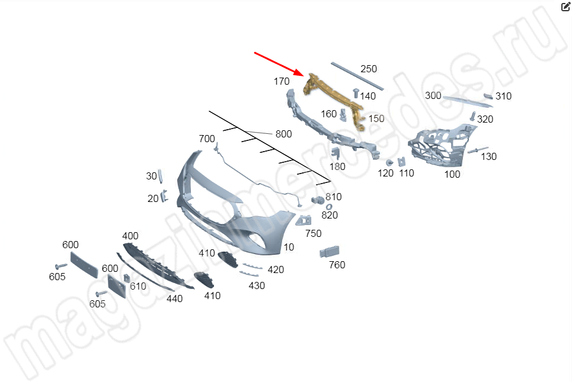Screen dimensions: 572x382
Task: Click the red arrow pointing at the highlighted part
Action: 279,64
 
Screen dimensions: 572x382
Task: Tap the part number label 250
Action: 369,69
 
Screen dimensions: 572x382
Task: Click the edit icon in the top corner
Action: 565,7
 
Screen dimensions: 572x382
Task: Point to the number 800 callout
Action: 283,134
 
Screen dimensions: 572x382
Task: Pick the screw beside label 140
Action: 356,93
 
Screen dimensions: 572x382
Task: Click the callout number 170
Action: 282,81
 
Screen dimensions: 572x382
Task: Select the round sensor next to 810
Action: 318,200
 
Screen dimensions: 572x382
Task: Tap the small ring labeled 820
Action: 329,207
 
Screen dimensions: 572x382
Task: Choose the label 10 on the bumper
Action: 289,247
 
